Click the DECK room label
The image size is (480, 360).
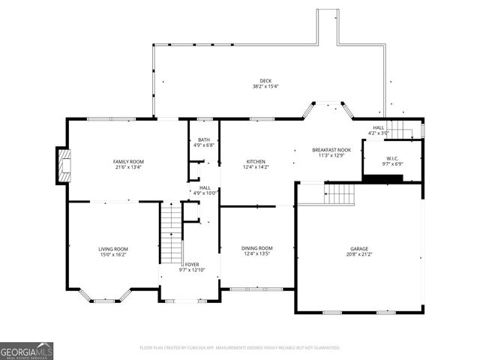(265, 81)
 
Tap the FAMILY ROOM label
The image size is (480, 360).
(128, 161)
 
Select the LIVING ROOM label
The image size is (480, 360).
(113, 249)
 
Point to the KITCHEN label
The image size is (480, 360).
(256, 161)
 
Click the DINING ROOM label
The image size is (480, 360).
(256, 248)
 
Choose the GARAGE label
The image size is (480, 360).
(359, 248)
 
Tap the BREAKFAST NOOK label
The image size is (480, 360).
(331, 150)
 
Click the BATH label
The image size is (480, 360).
(204, 139)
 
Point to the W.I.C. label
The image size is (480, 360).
(392, 158)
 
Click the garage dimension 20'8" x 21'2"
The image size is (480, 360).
(359, 254)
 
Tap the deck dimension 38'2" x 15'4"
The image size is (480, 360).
(265, 87)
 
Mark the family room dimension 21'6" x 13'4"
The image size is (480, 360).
(128, 167)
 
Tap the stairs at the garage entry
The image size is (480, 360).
(340, 193)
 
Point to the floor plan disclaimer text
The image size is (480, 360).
(240, 348)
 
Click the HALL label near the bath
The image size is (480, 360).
(205, 187)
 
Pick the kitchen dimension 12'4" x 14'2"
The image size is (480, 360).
(256, 167)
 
